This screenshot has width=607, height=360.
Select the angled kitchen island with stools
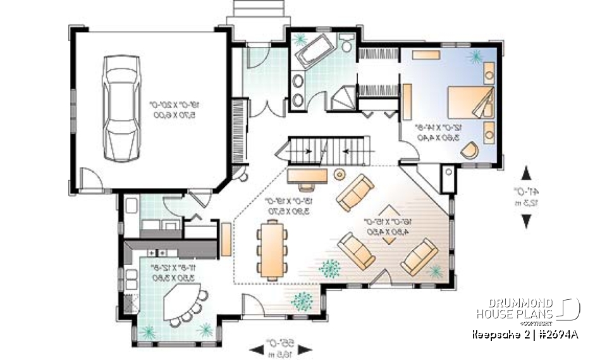(x=184, y=302)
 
